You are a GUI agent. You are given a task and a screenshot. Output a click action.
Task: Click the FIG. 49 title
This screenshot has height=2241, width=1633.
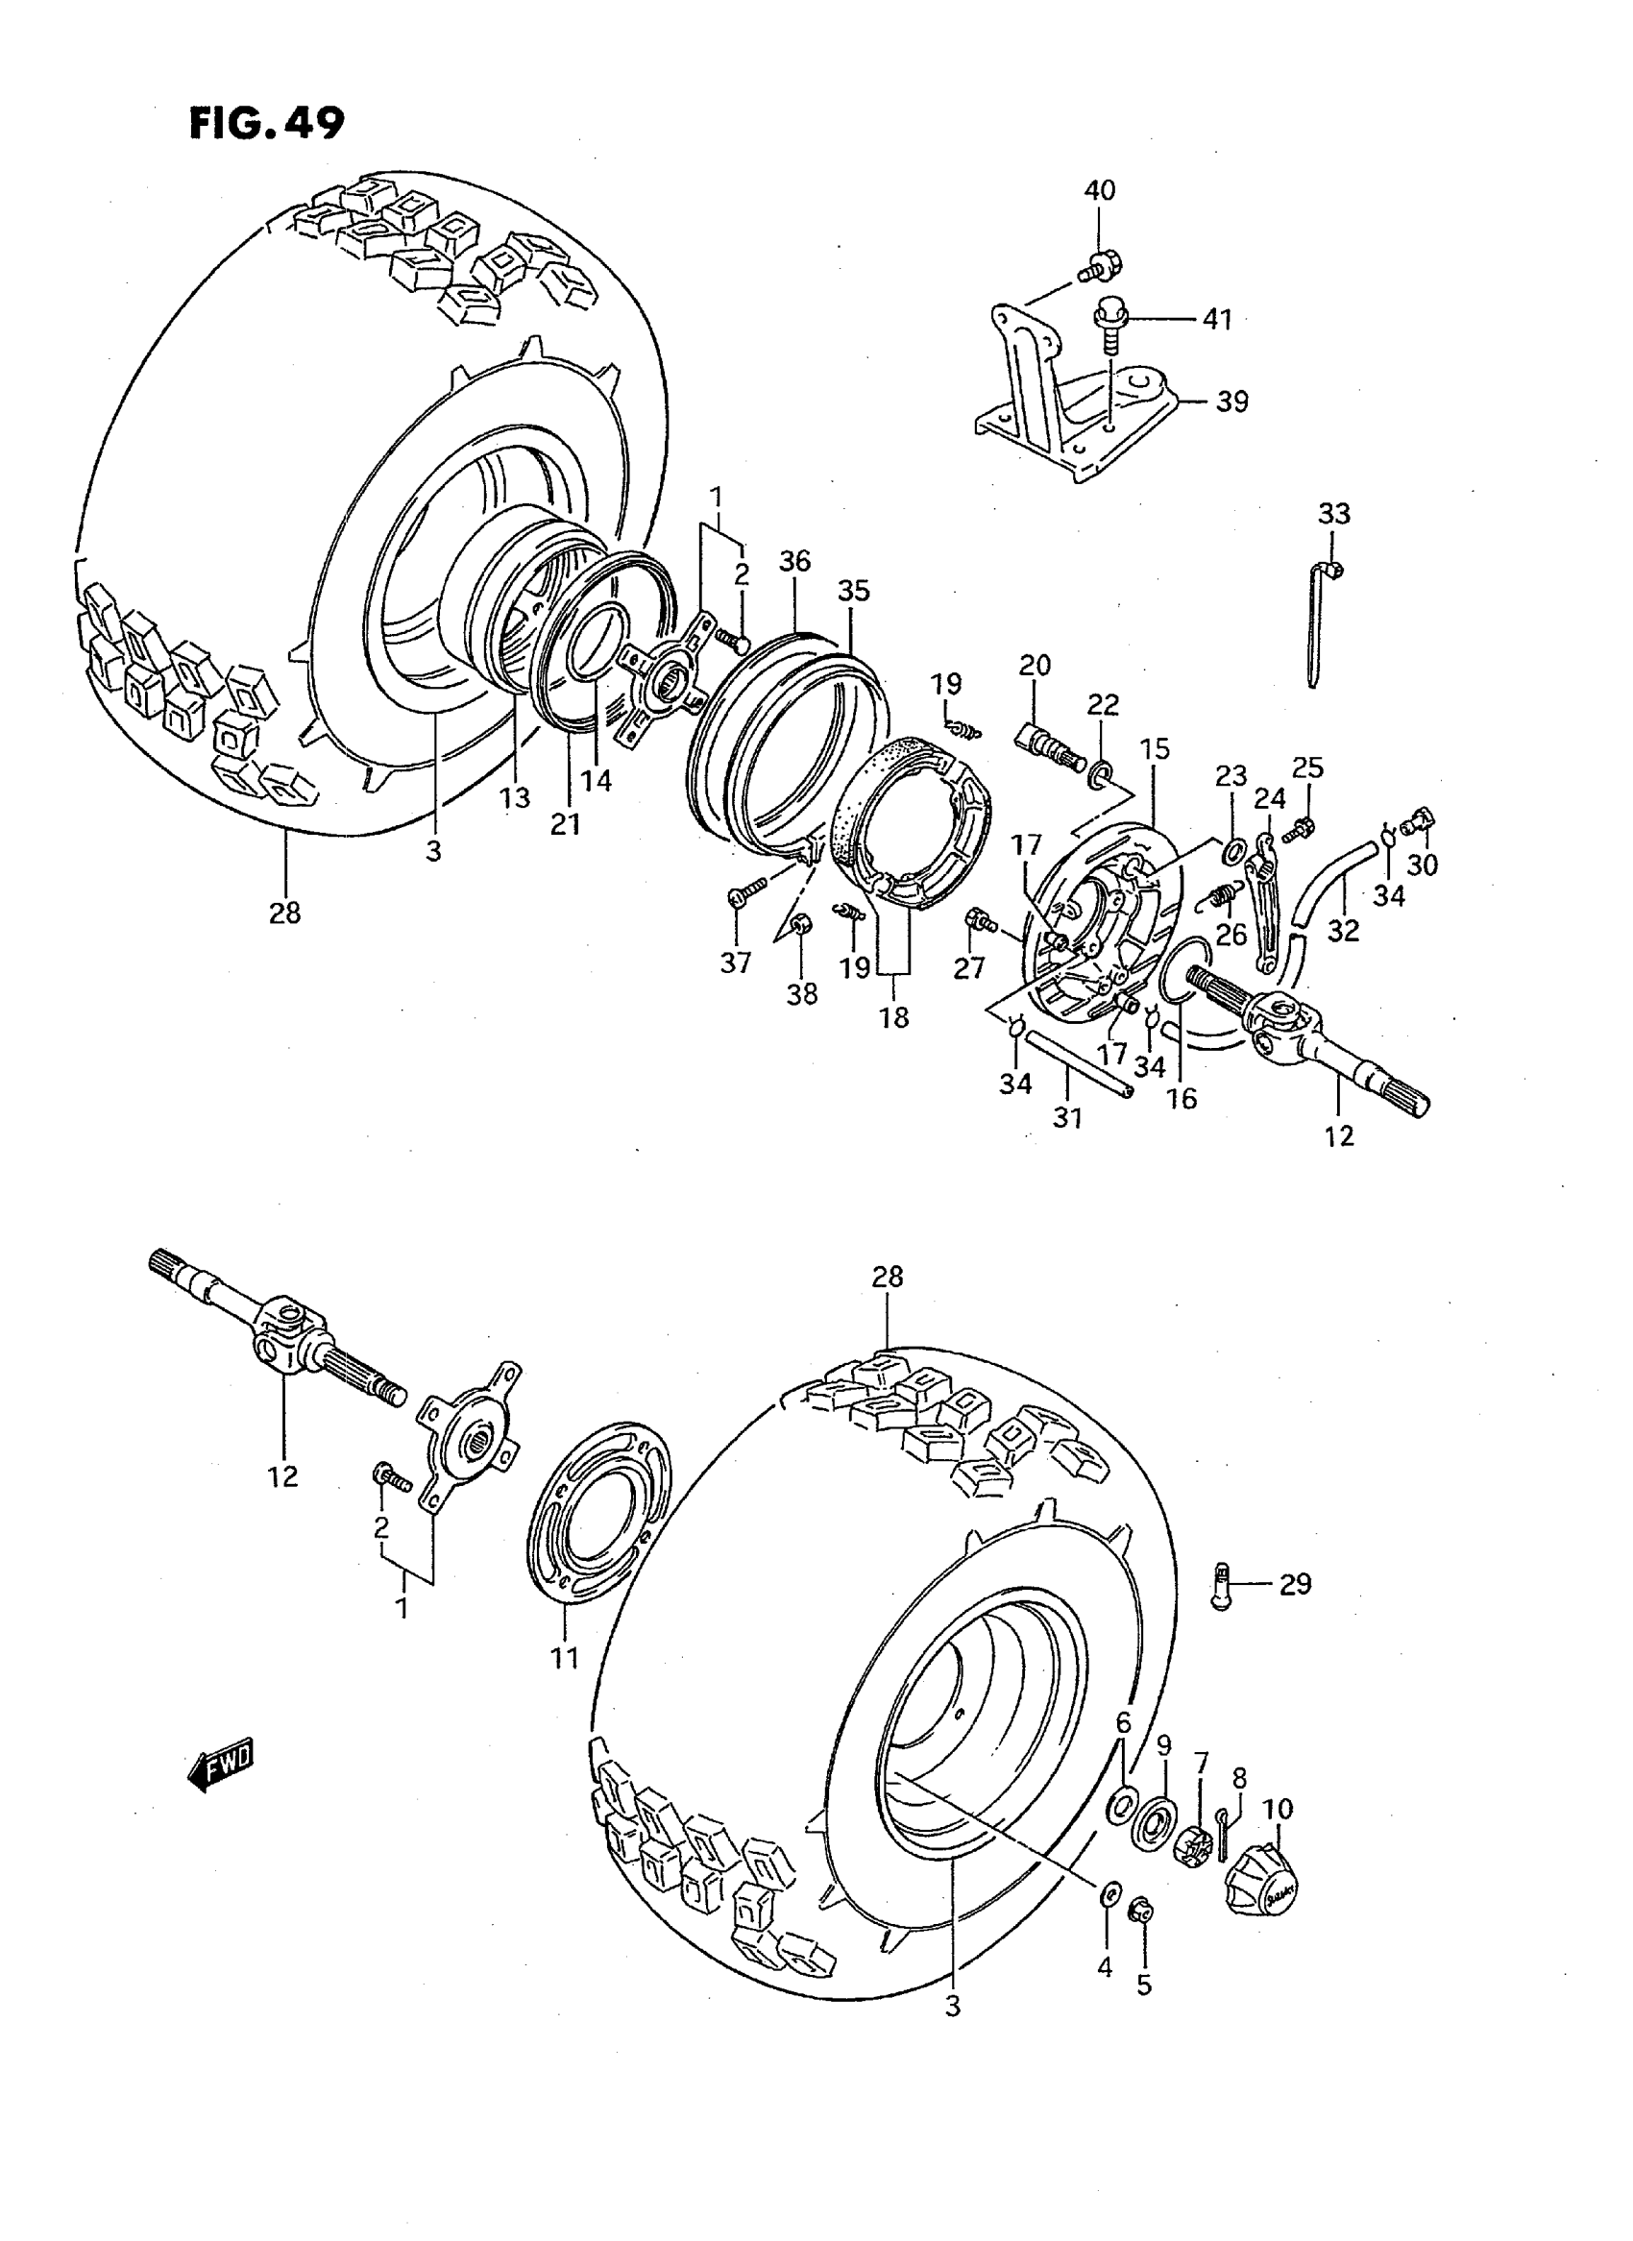coord(267,124)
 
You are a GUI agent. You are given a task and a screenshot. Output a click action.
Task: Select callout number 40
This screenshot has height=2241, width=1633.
coord(1099,190)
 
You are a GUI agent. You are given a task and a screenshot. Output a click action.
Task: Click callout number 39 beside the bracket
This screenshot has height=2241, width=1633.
coord(1231,402)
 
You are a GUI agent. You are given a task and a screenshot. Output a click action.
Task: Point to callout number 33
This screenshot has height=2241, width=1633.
coord(1333,513)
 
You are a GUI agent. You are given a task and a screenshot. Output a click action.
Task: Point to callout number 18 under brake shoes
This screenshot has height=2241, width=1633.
coord(893,1017)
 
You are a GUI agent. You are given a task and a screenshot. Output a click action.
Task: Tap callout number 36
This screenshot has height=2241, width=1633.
coord(793,562)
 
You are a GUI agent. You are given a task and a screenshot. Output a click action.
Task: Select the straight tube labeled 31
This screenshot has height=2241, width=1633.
coord(1078,1063)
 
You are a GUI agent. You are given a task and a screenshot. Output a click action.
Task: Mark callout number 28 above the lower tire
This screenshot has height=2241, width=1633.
coord(887,1278)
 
